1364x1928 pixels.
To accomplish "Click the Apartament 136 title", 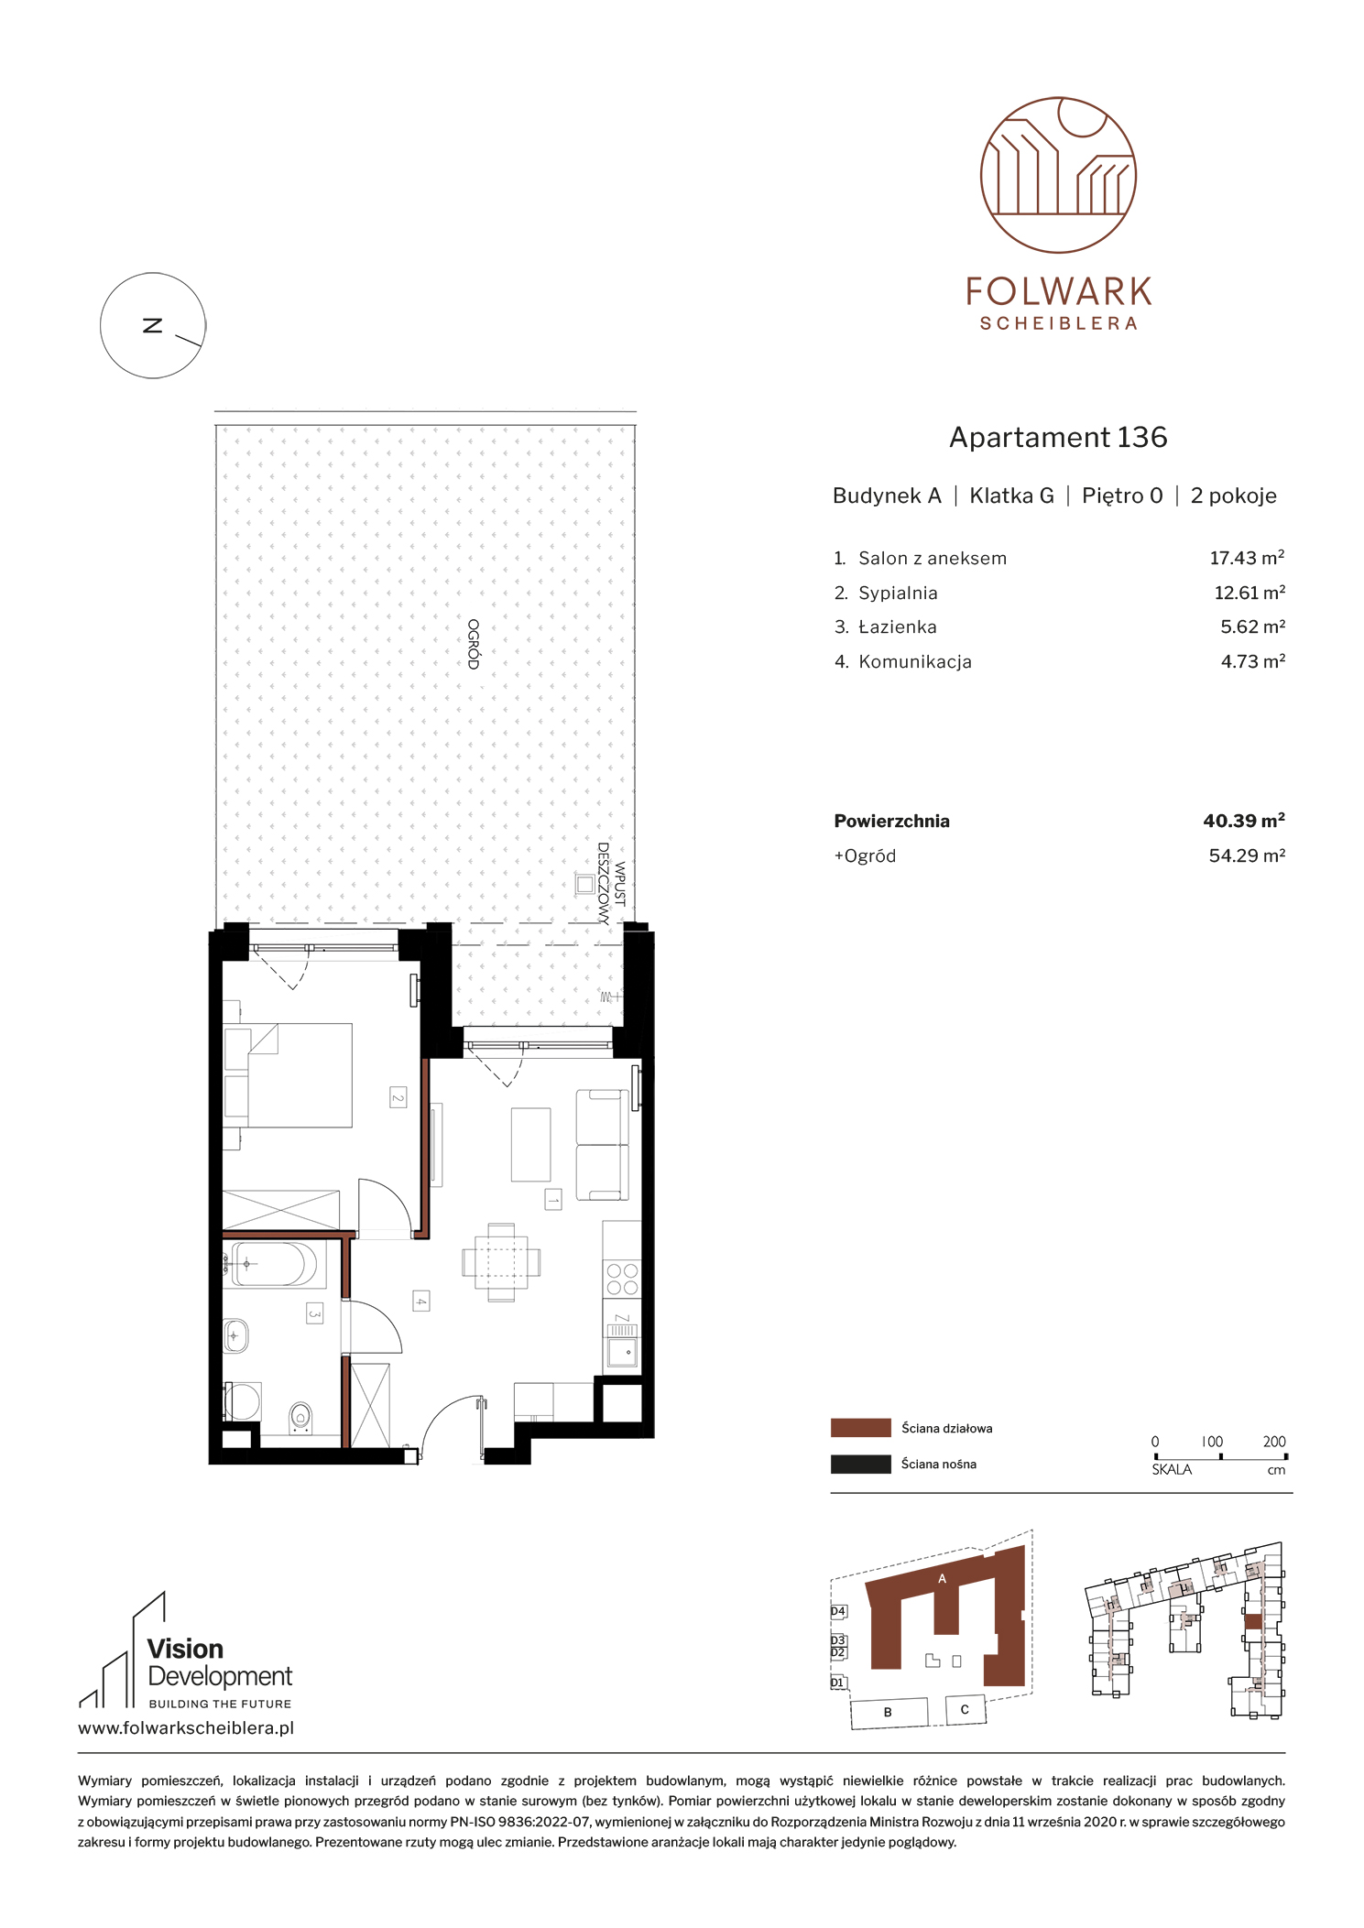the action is (x=1058, y=437).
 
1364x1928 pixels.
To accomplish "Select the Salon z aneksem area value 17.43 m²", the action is (x=1247, y=558).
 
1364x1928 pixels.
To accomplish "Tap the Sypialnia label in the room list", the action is (x=898, y=594).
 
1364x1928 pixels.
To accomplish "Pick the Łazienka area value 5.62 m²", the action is (x=1252, y=626).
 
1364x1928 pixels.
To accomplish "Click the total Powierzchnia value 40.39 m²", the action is (x=1244, y=821).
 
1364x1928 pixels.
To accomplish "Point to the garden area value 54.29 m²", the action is (x=1247, y=855).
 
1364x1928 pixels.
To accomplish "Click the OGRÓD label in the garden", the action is (x=474, y=644).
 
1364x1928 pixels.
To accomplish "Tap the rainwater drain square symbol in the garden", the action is (x=584, y=884).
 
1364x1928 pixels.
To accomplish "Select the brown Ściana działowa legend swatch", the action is (x=860, y=1428).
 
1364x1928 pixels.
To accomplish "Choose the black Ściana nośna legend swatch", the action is (x=860, y=1464).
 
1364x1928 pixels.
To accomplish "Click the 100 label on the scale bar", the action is (x=1212, y=1442).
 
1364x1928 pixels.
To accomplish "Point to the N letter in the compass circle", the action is (x=153, y=325).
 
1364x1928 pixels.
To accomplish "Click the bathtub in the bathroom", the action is (x=273, y=1264).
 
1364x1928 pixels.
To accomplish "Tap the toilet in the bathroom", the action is (x=300, y=1419).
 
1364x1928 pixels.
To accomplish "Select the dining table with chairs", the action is (x=501, y=1262).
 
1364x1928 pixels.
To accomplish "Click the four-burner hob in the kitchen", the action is (x=622, y=1280).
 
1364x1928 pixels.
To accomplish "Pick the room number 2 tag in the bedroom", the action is (x=398, y=1097).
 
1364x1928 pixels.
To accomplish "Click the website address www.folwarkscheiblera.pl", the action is (x=186, y=1728).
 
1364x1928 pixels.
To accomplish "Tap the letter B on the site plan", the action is (x=888, y=1712).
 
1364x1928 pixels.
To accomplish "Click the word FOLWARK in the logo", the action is (x=1058, y=292).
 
